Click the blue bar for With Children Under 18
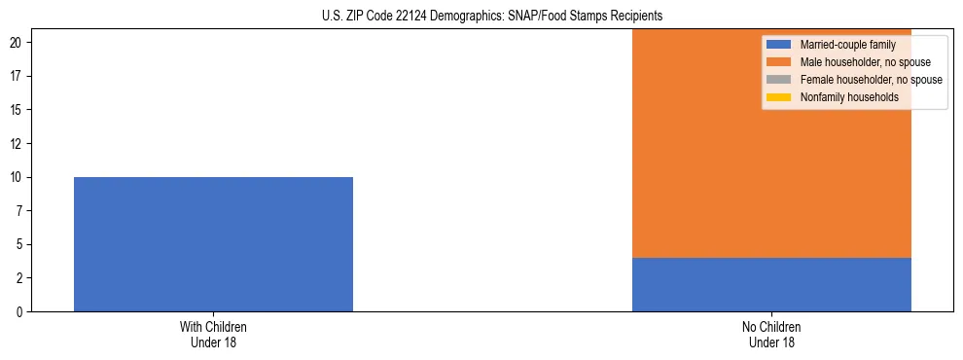click(x=213, y=244)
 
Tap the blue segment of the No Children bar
click(x=771, y=284)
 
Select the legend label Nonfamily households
click(x=842, y=97)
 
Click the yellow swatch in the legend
click(x=779, y=97)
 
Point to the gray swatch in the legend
click(x=779, y=80)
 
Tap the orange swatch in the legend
click(x=779, y=62)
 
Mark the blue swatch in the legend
click(x=779, y=45)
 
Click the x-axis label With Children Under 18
click(x=213, y=335)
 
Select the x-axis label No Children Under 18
click(x=771, y=335)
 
